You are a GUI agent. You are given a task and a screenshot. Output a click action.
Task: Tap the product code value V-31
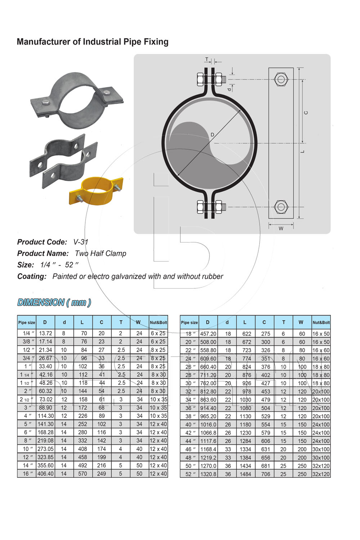81,242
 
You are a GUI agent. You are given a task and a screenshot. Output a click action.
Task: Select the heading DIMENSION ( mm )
54,302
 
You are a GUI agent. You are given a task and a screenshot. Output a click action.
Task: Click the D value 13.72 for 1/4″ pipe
45,333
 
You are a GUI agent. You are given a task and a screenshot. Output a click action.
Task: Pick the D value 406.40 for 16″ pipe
45,474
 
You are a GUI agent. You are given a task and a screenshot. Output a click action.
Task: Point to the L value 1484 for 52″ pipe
245,474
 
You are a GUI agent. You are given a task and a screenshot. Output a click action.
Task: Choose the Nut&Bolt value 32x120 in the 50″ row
321,466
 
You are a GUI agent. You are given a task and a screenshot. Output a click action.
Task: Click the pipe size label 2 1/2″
26,400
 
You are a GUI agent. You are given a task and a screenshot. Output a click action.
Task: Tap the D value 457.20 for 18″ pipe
208,334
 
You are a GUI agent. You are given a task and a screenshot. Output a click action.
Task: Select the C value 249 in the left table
102,474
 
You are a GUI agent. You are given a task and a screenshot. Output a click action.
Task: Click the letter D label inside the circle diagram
212,135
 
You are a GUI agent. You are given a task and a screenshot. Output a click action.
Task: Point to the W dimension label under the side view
281,229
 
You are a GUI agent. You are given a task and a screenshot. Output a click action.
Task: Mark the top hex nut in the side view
281,79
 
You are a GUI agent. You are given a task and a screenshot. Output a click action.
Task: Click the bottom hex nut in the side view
281,207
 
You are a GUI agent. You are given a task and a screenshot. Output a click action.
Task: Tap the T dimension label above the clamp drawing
207,59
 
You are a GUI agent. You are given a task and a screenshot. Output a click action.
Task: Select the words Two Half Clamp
100,253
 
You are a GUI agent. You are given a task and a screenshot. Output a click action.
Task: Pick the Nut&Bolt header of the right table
321,323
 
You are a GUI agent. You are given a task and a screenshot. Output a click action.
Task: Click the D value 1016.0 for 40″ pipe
208,425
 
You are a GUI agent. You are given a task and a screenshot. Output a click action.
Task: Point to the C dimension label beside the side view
306,113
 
